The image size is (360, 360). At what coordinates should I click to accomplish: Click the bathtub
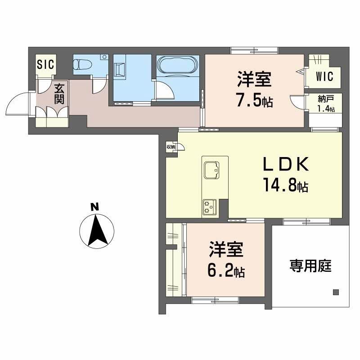tap(178, 66)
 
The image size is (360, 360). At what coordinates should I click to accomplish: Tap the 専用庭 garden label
tap(310, 266)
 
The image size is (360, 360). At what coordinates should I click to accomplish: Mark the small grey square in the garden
tap(336, 292)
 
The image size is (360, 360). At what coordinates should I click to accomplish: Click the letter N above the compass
tap(94, 207)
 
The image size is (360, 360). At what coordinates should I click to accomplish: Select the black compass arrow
tap(96, 230)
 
